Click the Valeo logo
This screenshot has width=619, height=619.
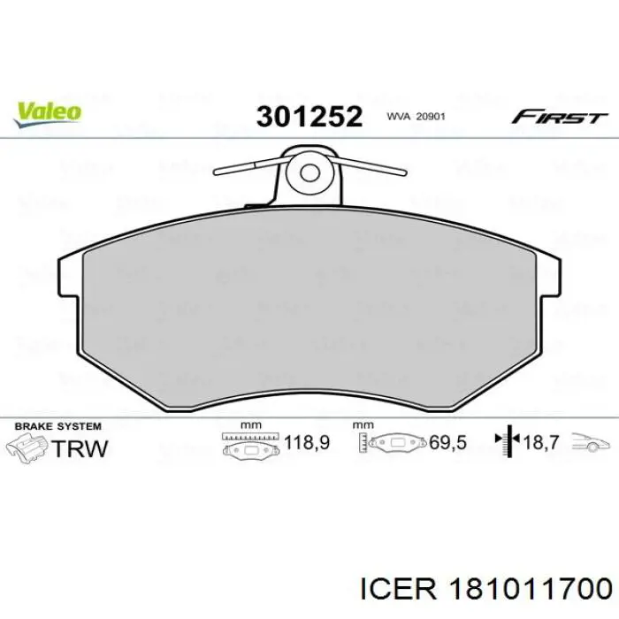[x=47, y=111]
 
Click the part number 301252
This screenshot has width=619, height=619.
[x=309, y=117]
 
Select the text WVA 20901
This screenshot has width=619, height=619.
[x=415, y=117]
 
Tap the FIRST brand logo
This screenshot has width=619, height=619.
[x=559, y=117]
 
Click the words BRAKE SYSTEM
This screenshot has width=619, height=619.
[x=54, y=426]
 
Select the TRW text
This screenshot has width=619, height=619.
[x=80, y=448]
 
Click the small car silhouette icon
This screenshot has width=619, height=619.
[x=590, y=443]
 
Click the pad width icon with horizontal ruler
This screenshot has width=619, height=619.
[x=251, y=445]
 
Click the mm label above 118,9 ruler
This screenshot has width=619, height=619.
[x=252, y=425]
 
